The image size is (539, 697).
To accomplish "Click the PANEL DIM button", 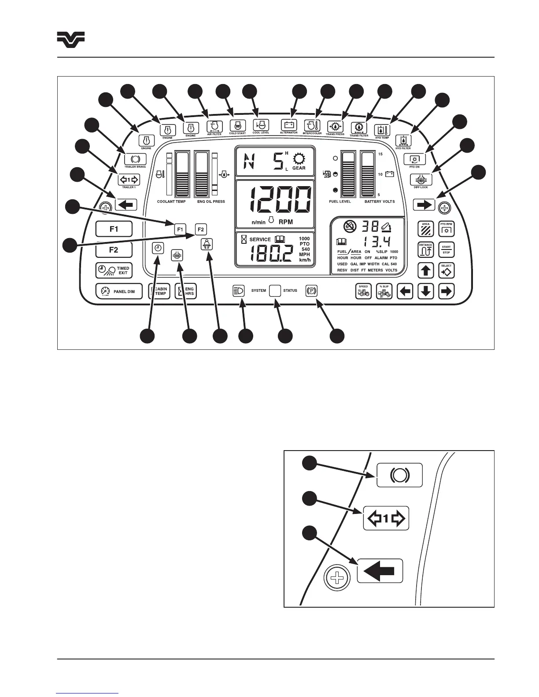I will (119, 291).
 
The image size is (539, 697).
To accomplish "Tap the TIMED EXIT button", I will (114, 270).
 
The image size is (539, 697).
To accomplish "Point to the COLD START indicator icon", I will (238, 125).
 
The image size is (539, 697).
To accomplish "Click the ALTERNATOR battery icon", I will (289, 125).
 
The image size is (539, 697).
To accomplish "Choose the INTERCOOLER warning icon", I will (312, 125).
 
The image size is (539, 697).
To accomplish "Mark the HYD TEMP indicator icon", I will (382, 130).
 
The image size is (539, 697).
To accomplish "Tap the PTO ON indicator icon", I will (414, 159).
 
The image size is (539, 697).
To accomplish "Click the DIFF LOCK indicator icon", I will (421, 180).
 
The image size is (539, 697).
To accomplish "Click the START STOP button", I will (446, 250).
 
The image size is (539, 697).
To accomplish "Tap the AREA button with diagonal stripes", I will (425, 229).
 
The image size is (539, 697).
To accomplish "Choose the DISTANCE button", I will (425, 250).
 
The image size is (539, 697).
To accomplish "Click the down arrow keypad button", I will (425, 291).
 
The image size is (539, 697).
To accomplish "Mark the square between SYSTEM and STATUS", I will (275, 291).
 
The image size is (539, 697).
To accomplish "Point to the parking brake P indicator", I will (311, 291).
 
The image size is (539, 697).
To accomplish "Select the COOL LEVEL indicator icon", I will (261, 125).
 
